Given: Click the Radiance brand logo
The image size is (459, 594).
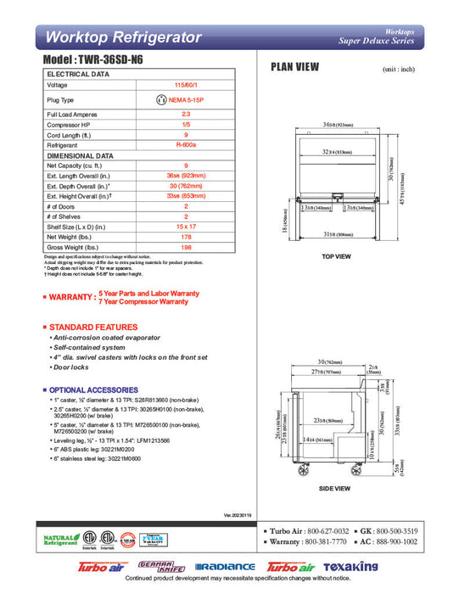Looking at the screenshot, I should [225, 567].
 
